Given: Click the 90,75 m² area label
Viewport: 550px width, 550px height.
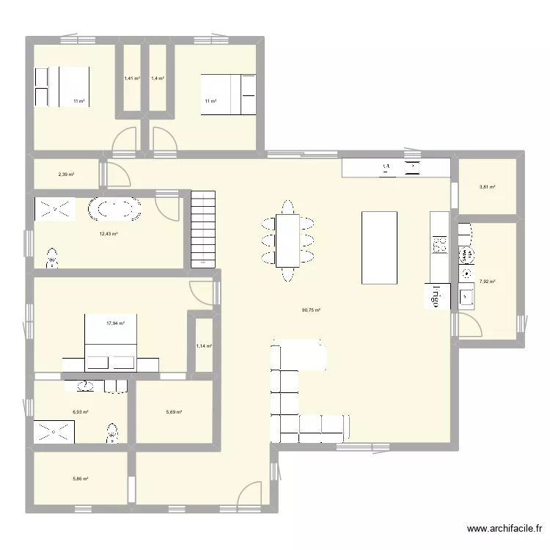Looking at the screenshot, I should pos(312,310).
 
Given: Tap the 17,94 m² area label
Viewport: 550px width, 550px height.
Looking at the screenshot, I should pos(115,323).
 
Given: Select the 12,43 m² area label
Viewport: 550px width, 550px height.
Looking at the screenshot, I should pos(109,234).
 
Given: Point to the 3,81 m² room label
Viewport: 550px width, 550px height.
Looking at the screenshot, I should pos(488,187).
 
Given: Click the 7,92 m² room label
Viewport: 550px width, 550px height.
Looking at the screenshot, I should pos(488,281).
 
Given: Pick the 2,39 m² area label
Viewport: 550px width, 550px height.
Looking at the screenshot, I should pos(66,175).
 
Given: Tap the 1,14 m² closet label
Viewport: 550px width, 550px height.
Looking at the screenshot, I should pos(203,346).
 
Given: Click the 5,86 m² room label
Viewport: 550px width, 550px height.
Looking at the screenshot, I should pos(80,479).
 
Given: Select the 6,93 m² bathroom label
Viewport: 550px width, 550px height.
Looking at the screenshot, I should pos(80,412).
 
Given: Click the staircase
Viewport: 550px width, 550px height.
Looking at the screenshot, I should pos(205,228).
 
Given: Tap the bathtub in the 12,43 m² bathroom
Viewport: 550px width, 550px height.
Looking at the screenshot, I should pos(114,210).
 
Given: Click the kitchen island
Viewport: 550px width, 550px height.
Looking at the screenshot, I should pos(380,247).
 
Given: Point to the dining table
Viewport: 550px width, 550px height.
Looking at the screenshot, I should pos(287,241).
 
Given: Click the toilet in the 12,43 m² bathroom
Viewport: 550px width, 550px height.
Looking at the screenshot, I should pos(53,257).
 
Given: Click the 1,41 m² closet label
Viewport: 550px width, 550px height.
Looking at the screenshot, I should pos(131,78).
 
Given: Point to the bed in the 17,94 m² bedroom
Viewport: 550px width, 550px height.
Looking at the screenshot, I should pos(111,342).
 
